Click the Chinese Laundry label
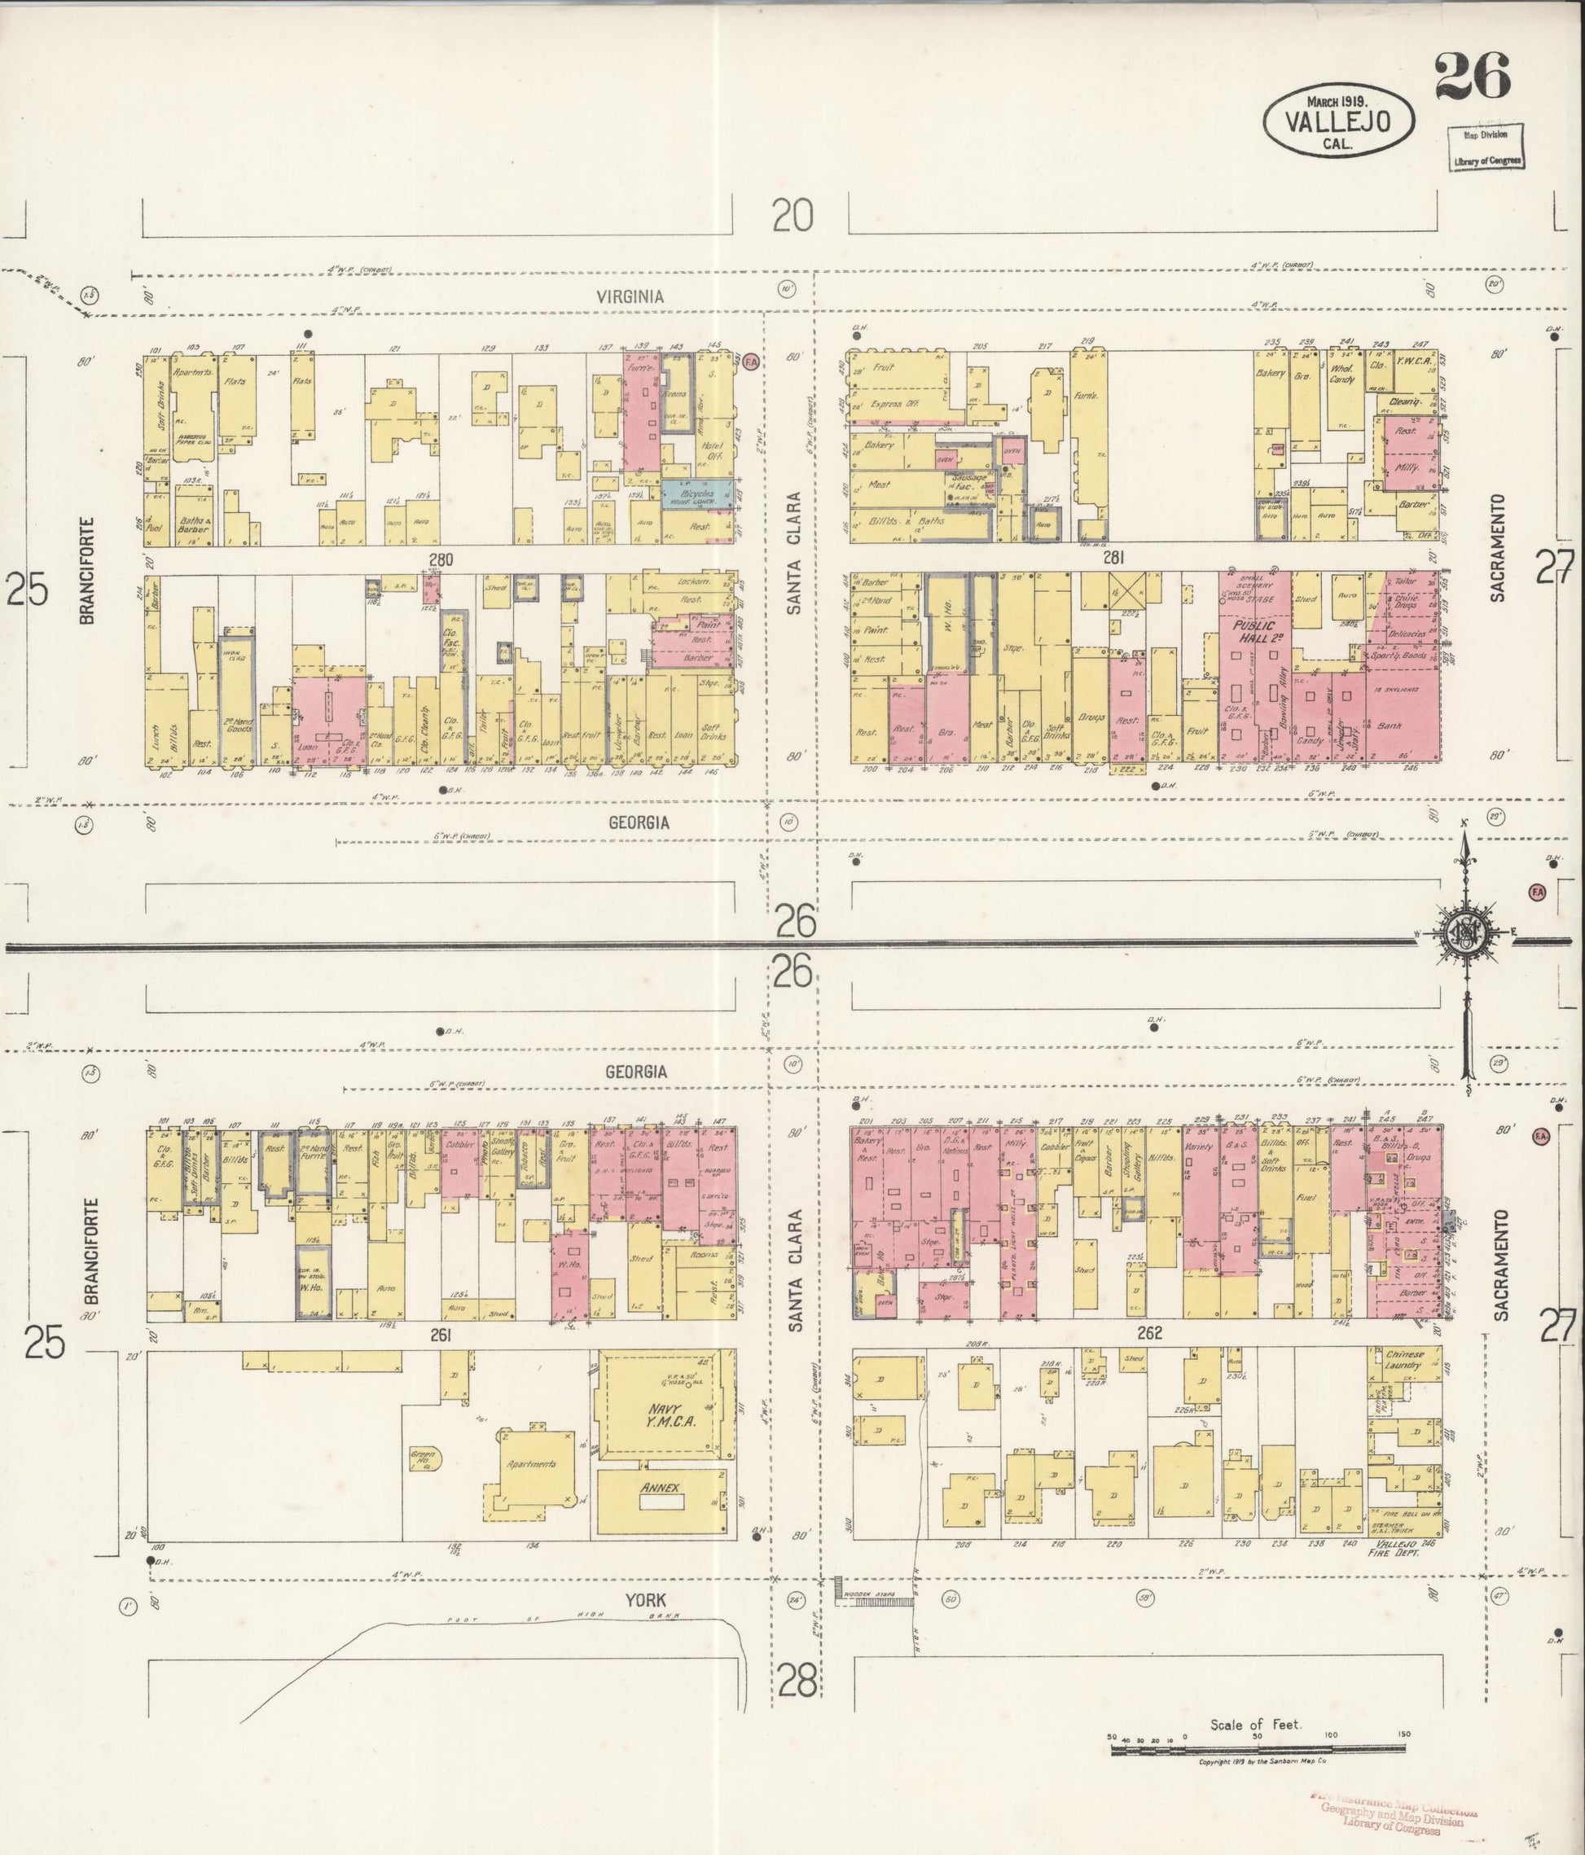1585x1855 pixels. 1404,1360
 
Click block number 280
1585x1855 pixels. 441,560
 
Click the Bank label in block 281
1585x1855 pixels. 1389,726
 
